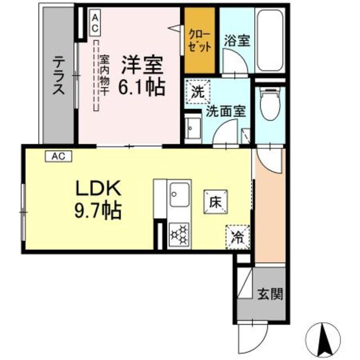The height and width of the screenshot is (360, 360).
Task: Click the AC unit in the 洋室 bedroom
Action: [x=95, y=22]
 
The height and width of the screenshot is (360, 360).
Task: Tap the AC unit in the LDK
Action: [x=58, y=156]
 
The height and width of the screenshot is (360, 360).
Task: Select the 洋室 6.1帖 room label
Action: [x=142, y=76]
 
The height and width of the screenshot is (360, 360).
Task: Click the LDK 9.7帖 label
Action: [x=98, y=199]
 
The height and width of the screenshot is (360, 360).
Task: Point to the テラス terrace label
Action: [x=58, y=76]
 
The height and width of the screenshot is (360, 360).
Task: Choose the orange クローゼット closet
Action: [x=200, y=40]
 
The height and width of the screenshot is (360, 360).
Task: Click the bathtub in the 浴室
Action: [x=269, y=40]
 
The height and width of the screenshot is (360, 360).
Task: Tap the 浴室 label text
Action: [x=237, y=40]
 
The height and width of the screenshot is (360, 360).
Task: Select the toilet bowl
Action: [x=270, y=103]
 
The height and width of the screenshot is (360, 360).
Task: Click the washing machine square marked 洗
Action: [x=198, y=92]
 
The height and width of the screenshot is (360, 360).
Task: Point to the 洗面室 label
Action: [x=226, y=111]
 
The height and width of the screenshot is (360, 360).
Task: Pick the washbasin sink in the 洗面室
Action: [x=193, y=129]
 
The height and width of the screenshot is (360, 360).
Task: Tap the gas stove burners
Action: [x=179, y=234]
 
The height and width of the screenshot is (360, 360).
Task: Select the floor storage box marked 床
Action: [x=215, y=202]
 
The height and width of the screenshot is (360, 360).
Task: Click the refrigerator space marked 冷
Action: [x=237, y=237]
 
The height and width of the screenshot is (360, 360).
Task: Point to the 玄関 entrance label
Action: [x=270, y=294]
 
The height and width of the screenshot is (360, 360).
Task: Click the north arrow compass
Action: [x=323, y=340]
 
